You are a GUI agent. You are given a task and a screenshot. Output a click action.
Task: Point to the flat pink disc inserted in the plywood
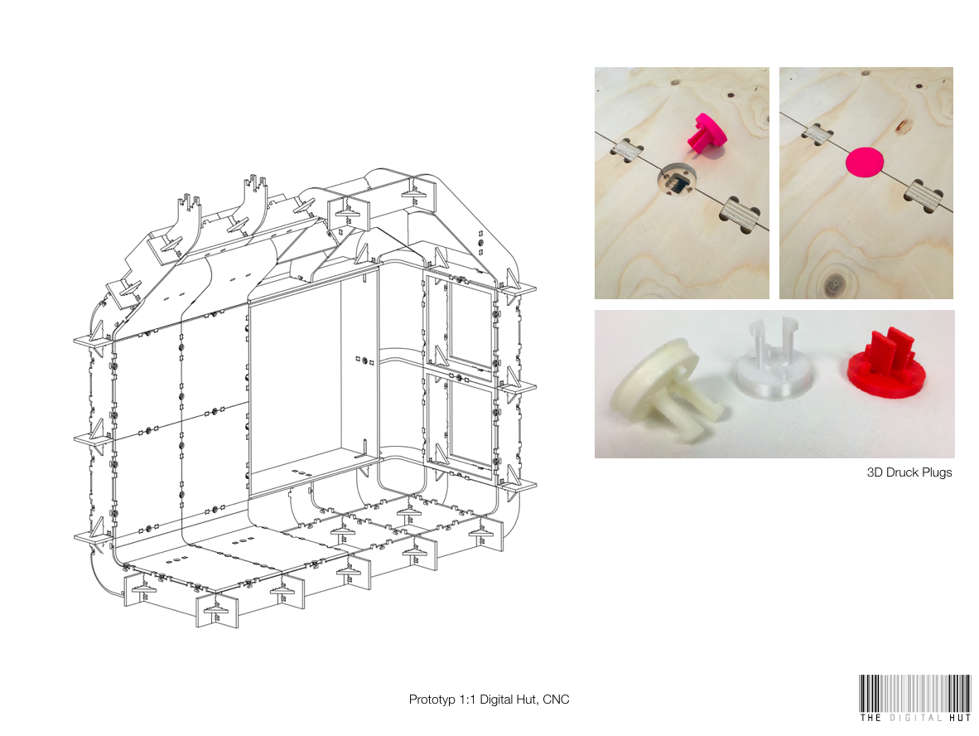tap(865, 162)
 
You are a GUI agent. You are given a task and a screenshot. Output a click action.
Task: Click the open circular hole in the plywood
tap(676, 182)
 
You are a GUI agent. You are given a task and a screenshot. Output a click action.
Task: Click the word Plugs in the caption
tap(934, 472)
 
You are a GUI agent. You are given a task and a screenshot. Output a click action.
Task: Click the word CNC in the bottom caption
tap(556, 700)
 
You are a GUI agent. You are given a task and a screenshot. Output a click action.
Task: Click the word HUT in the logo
tap(960, 718)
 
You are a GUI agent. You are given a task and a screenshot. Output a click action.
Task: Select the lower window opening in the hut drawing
tap(470, 425)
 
